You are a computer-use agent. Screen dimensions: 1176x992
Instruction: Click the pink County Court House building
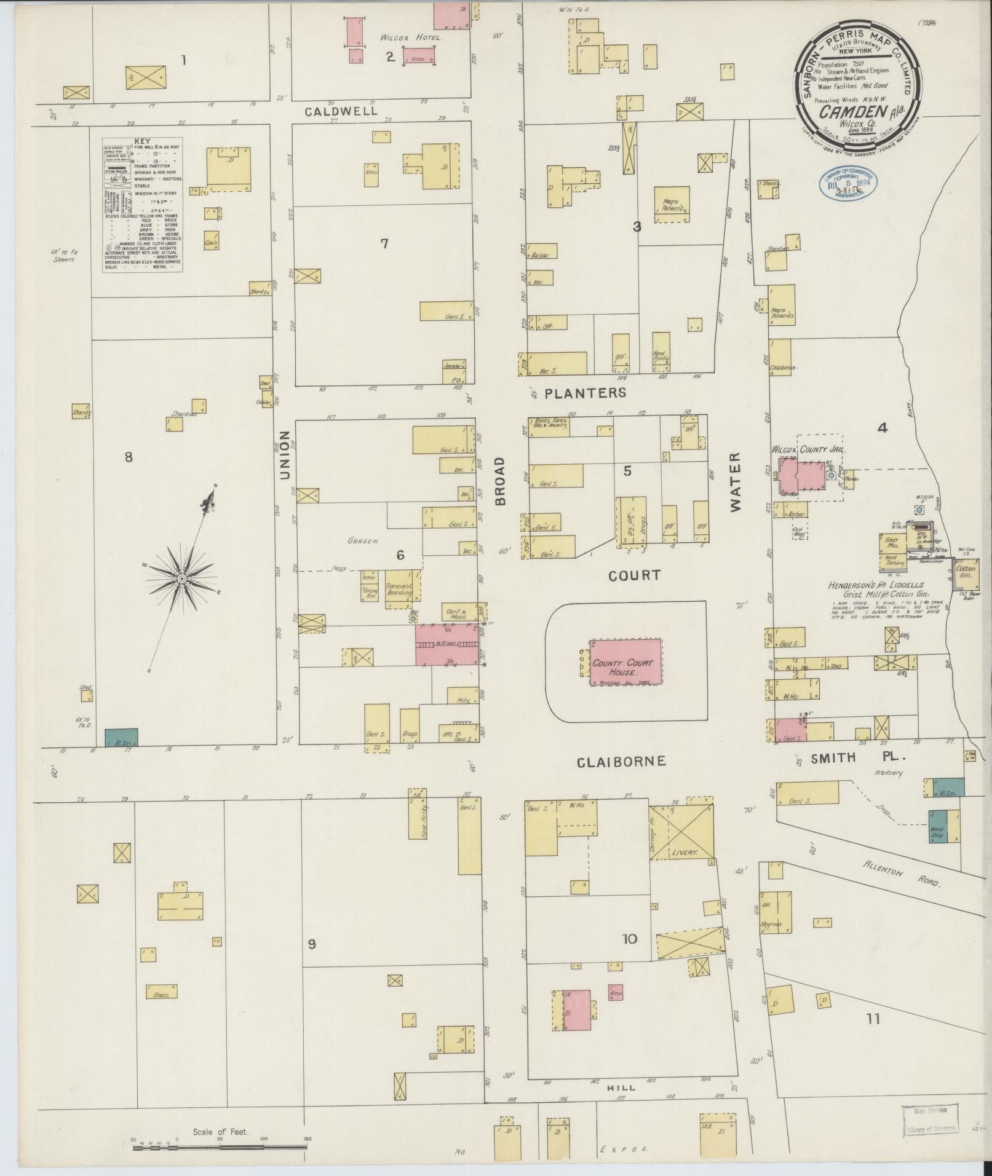tap(626, 662)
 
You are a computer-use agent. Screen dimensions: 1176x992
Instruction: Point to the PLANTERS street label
tap(586, 392)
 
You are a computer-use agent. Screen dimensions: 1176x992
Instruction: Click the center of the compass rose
tap(182, 579)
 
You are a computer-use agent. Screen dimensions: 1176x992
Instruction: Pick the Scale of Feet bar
tap(220, 1146)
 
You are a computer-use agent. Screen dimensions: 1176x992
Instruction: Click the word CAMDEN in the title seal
tap(846, 111)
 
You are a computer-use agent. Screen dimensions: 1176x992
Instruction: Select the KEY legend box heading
tap(141, 141)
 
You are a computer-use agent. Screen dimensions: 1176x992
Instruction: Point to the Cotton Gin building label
tap(967, 572)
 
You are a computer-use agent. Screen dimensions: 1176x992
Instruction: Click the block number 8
tap(129, 456)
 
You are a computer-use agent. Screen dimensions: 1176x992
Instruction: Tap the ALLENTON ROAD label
tap(903, 873)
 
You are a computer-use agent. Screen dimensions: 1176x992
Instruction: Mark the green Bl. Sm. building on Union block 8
tap(121, 737)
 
